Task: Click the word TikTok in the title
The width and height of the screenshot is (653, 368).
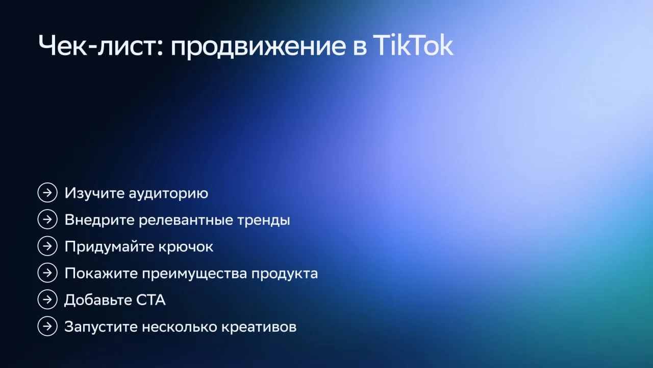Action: click(x=413, y=45)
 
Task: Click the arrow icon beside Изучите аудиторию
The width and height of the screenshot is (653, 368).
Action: click(x=47, y=193)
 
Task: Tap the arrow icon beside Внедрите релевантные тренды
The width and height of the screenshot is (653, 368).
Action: click(x=47, y=219)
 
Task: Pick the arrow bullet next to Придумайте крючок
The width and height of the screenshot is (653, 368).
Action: click(x=47, y=246)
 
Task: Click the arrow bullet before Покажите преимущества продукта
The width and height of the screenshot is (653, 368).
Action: click(x=47, y=273)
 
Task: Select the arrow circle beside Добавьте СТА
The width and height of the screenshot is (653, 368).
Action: click(x=47, y=300)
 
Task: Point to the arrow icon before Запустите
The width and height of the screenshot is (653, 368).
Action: click(x=47, y=326)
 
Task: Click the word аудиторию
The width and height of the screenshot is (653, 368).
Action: click(x=168, y=194)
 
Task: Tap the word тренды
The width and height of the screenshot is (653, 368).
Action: click(x=264, y=220)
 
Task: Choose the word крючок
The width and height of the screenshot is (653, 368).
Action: click(x=186, y=247)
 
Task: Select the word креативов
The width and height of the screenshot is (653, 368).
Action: click(x=259, y=327)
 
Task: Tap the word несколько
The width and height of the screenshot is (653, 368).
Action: click(x=179, y=327)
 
